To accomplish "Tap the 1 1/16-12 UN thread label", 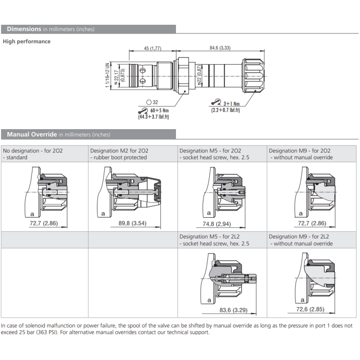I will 107,76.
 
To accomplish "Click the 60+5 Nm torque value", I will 160,110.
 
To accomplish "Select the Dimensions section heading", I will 24,29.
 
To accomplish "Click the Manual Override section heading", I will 32,134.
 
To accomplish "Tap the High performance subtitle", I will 27,41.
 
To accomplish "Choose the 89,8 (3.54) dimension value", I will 132,223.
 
